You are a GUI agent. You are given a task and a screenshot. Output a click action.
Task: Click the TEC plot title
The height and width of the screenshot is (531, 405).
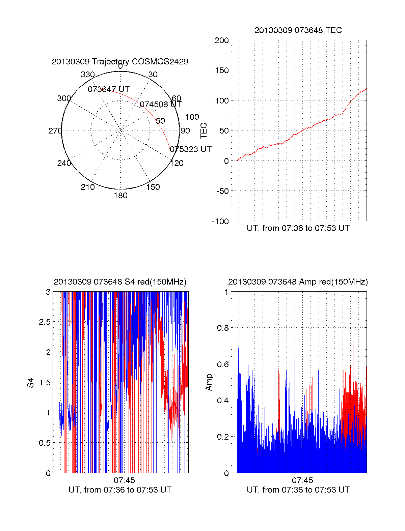coord(298,30)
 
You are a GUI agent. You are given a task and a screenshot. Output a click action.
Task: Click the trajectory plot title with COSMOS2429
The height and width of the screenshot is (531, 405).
coord(120,62)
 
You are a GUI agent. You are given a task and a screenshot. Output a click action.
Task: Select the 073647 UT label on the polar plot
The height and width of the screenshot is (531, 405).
coord(109,89)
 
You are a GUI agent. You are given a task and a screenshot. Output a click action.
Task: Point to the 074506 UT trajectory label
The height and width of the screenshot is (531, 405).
coord(161,105)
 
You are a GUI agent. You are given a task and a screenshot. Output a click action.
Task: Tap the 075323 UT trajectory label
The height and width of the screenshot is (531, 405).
coord(191,149)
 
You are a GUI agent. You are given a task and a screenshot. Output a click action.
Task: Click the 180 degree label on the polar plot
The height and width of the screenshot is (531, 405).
coord(120,196)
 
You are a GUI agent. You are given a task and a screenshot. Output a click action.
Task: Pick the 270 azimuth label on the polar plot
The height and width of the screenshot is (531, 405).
coord(55,131)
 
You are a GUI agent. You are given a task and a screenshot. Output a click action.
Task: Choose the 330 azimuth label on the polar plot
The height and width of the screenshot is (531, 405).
coord(87,75)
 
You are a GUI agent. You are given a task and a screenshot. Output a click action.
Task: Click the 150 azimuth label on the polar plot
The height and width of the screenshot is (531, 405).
coord(153,187)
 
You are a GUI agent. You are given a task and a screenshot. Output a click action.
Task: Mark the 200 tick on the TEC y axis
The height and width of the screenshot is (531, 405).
coord(222,40)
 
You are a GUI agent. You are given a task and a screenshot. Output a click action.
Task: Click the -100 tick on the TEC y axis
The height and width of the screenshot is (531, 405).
coord(220,222)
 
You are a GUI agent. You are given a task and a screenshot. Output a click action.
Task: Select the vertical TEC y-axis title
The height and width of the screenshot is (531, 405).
coord(204,131)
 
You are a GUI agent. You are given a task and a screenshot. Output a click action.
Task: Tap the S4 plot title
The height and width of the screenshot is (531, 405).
coord(120,282)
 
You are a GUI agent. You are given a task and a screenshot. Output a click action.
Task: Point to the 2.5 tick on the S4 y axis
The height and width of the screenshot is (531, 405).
coord(45,322)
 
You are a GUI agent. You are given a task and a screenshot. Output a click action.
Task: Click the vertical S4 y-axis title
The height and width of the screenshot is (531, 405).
coord(31,383)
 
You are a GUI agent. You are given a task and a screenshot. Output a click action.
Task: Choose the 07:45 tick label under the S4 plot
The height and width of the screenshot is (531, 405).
coord(124,480)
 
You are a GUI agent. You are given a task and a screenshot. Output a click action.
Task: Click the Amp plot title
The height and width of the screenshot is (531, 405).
coord(298,282)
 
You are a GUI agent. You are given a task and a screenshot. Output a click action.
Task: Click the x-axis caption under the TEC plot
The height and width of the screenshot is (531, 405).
coord(298,228)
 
